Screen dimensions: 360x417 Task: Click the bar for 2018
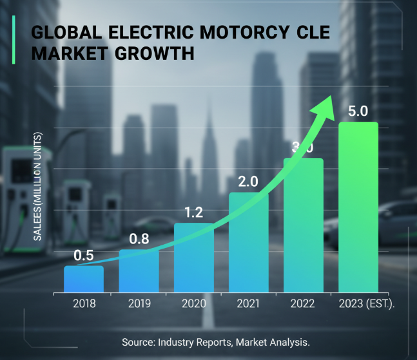83,278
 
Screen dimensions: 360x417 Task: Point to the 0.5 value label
83,256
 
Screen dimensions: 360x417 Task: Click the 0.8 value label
139,239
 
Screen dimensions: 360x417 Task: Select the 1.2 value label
193,213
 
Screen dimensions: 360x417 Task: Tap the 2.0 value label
248,182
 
